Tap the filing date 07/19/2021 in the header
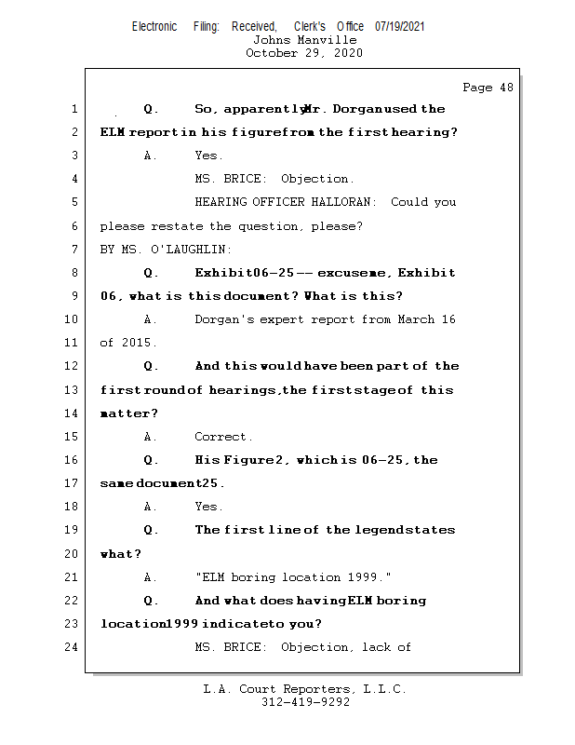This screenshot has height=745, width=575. click(x=400, y=27)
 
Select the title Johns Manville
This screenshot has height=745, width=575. click(x=304, y=40)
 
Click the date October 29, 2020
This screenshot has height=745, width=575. click(x=304, y=53)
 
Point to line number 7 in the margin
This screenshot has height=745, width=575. click(x=74, y=250)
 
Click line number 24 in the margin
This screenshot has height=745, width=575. click(x=72, y=647)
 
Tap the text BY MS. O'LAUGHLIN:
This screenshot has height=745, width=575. click(x=166, y=250)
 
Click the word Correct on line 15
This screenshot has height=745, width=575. click(x=222, y=437)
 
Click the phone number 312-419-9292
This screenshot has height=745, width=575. click(x=305, y=702)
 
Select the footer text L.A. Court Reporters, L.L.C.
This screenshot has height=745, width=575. click(x=305, y=689)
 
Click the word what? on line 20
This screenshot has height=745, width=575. click(x=121, y=554)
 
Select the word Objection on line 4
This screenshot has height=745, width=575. click(x=315, y=179)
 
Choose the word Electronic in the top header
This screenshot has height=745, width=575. click(x=154, y=27)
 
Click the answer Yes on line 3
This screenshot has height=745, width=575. click(x=208, y=156)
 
